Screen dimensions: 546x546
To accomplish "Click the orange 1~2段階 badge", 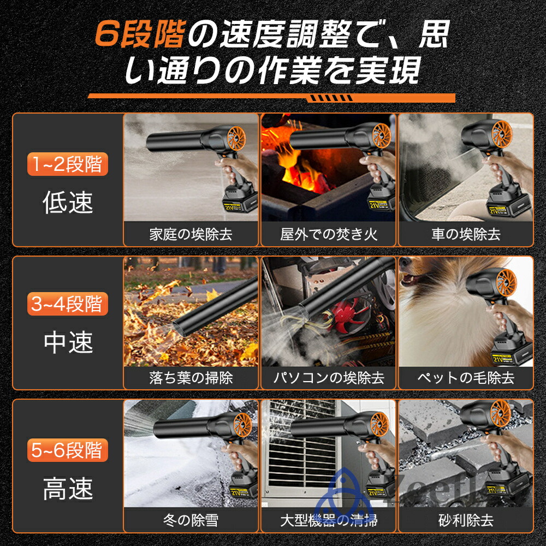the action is (x=68, y=164).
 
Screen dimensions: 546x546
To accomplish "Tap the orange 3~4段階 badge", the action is (x=68, y=304).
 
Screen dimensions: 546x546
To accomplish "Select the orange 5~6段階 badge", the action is (x=68, y=450).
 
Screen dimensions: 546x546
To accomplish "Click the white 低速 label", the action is (x=68, y=203).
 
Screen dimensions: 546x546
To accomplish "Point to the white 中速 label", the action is (x=68, y=342).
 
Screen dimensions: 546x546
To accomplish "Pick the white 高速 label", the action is (x=68, y=489).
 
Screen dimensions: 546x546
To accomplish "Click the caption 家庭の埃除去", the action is (x=191, y=234).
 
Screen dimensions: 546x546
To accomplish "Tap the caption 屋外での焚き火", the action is (x=329, y=234).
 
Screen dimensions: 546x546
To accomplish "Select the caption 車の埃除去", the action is (x=466, y=234).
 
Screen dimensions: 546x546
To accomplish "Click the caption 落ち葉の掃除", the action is (x=191, y=377).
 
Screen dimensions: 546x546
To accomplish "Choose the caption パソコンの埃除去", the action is (x=329, y=377).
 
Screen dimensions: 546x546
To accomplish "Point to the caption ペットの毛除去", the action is (x=466, y=377).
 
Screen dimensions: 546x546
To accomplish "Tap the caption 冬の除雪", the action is (x=191, y=520).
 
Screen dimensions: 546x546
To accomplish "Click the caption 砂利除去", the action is (x=466, y=520).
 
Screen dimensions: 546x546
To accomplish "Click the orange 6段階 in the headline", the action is (x=140, y=34).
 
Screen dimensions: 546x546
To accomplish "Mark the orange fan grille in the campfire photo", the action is (x=381, y=135).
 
